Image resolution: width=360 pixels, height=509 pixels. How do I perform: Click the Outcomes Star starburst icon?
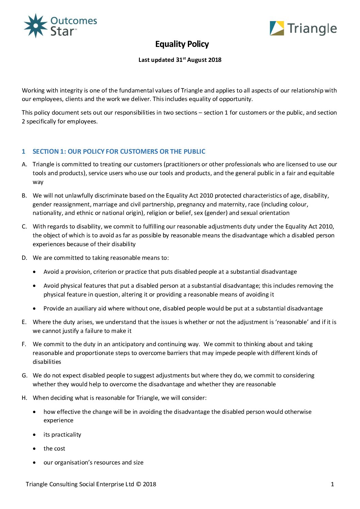click(x=35, y=26)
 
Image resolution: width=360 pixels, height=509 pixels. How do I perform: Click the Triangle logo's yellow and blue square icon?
click(x=277, y=29)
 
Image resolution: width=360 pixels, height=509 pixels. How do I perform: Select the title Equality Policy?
click(x=182, y=44)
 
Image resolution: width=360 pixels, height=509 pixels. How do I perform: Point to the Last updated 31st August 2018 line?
click(x=180, y=60)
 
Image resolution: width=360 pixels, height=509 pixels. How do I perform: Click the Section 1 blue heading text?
click(x=119, y=152)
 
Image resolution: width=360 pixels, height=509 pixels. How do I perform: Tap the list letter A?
click(x=24, y=165)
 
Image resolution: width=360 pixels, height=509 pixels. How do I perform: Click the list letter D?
click(x=24, y=258)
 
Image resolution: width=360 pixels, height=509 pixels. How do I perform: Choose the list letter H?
click(x=24, y=398)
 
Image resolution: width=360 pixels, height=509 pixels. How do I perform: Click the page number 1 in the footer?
click(x=332, y=485)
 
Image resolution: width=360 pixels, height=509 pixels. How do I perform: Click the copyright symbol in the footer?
click(x=138, y=485)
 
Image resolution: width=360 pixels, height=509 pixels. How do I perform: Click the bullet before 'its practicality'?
click(x=34, y=435)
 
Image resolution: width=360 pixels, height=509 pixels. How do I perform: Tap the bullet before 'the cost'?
click(x=34, y=449)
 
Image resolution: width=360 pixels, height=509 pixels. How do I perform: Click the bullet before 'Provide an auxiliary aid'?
click(x=34, y=309)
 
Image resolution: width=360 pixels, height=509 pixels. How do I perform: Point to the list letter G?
click(x=24, y=376)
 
